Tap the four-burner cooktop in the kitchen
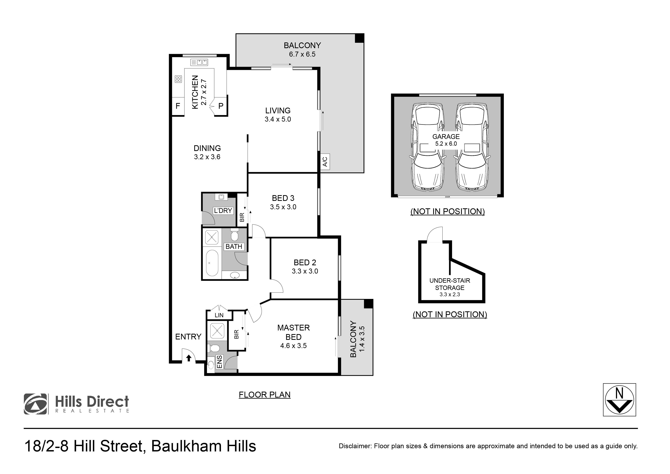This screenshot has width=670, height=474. click(x=178, y=79)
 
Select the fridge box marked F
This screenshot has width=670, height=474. click(x=178, y=106)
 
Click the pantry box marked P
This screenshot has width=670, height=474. click(x=221, y=106)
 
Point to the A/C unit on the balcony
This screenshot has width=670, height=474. click(x=325, y=161)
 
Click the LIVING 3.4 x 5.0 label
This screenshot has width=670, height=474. click(x=278, y=115)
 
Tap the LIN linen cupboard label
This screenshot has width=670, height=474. click(x=219, y=315)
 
